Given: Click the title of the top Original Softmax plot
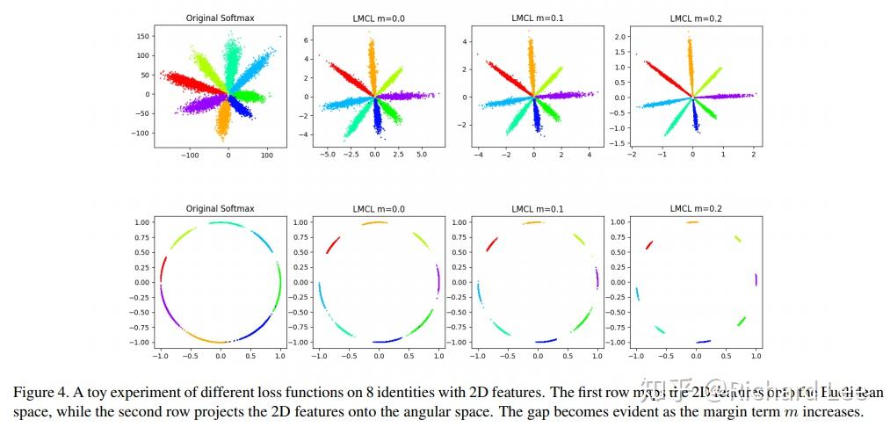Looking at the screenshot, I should pos(220,18).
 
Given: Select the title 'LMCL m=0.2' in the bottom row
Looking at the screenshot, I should pos(694,209).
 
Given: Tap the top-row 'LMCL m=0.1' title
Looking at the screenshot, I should pos(536,18).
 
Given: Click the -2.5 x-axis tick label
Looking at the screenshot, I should pos(348,152).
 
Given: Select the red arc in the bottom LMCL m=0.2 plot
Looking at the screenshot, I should pos(649,245).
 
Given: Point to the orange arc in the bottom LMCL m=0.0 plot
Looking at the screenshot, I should pos(378,223).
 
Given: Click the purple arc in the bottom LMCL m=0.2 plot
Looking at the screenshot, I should pos(756,280).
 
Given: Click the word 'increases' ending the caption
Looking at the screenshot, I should pos(835,412).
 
